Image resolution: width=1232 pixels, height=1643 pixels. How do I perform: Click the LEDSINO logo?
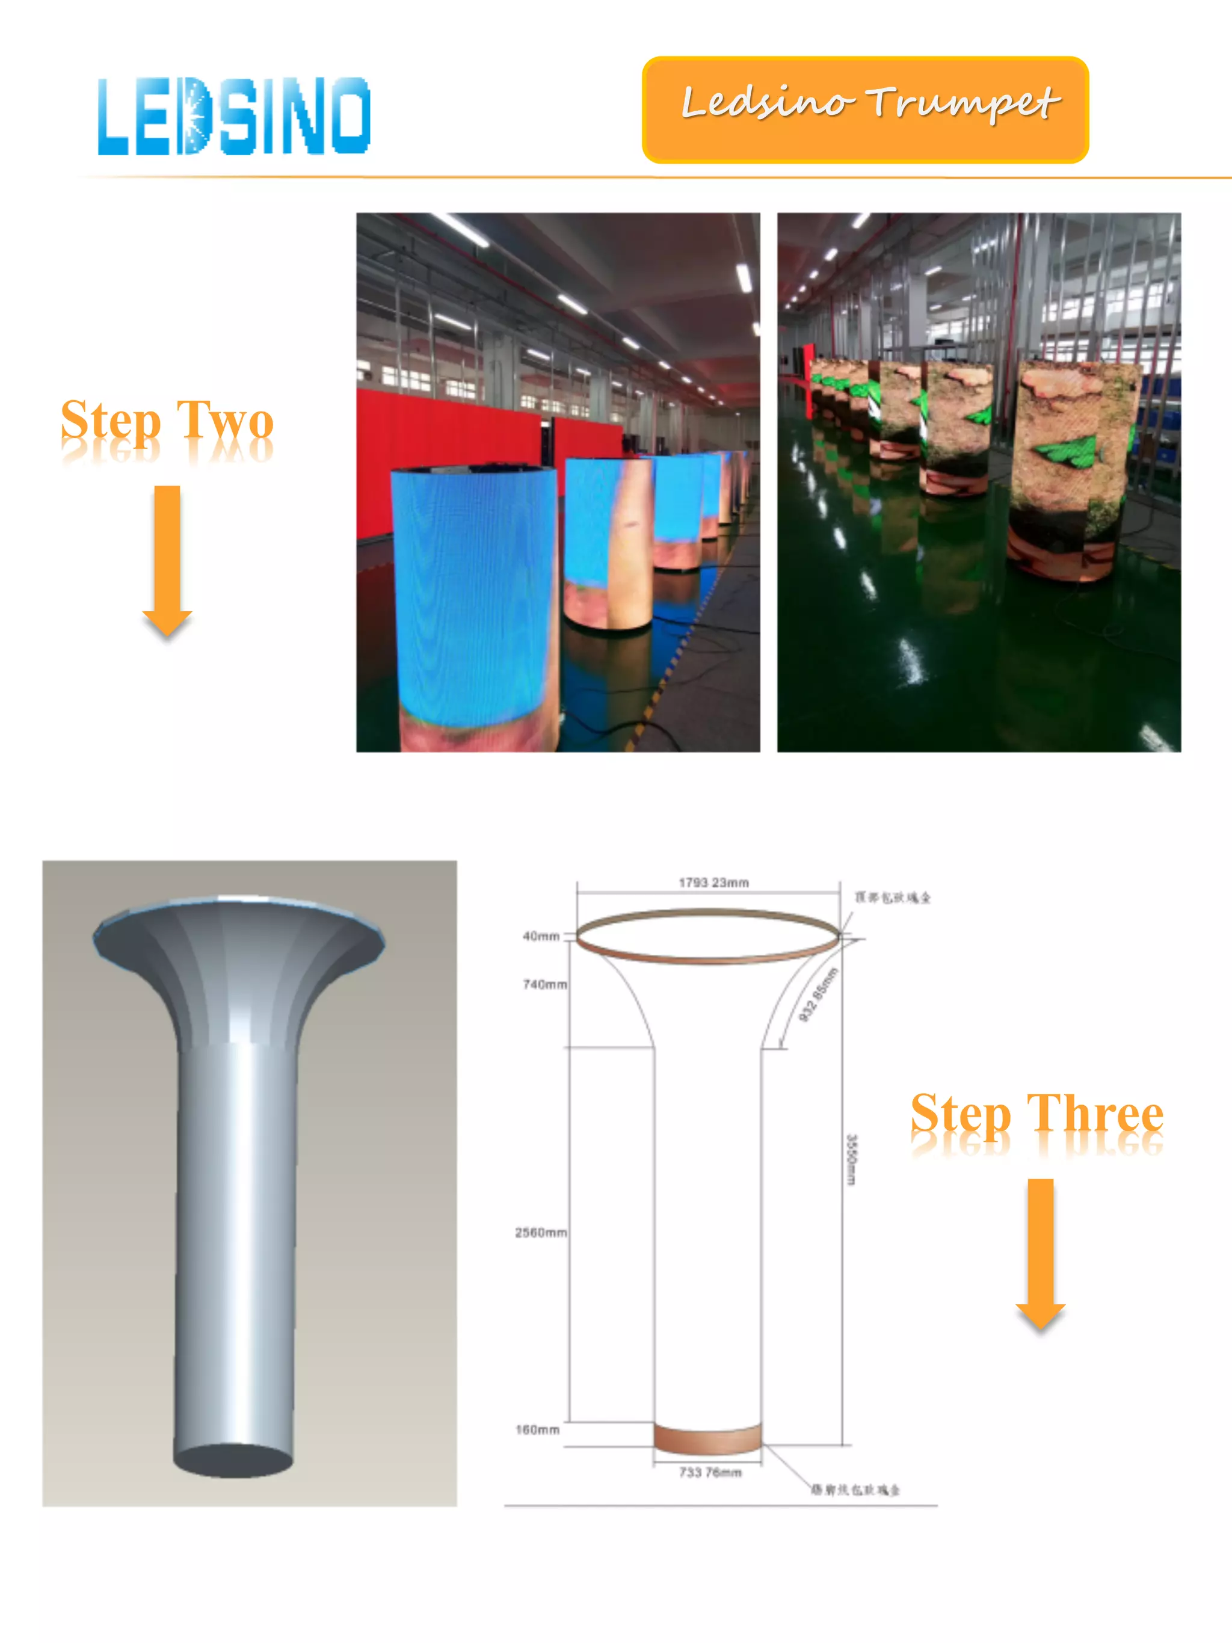(x=234, y=117)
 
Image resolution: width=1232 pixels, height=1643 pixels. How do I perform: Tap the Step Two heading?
(x=167, y=421)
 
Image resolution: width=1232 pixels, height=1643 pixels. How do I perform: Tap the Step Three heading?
(x=1036, y=1114)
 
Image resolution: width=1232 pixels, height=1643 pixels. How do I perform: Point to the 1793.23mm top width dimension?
(x=713, y=883)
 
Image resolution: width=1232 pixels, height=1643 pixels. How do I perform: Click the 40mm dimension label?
(x=541, y=936)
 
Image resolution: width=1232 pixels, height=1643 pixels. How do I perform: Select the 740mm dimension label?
(x=544, y=984)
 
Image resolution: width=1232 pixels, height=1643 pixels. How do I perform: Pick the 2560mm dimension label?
(x=541, y=1232)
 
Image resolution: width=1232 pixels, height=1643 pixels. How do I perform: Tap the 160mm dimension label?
(x=538, y=1429)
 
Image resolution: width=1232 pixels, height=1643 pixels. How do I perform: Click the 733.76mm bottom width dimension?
(x=710, y=1472)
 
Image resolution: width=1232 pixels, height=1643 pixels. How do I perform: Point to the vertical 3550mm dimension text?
(x=852, y=1159)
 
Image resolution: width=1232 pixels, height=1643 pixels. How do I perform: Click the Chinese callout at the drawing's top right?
(x=893, y=897)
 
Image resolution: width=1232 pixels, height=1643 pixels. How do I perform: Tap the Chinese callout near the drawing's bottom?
(x=855, y=1489)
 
